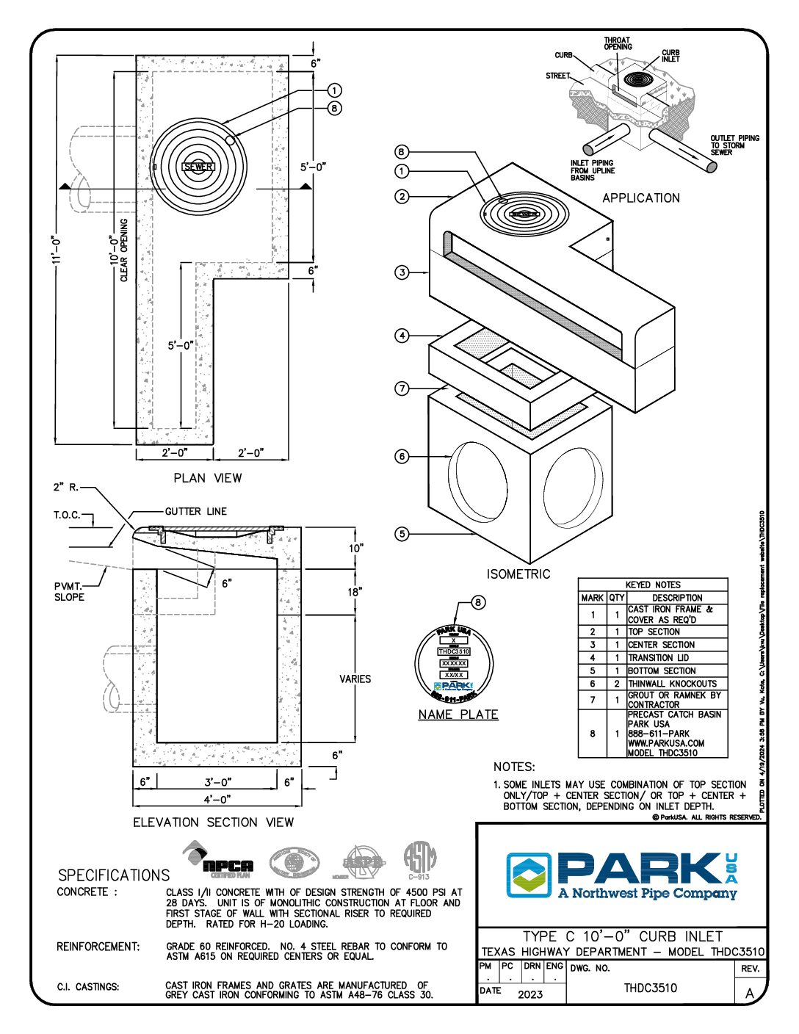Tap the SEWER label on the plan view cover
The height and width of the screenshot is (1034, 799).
pos(198,167)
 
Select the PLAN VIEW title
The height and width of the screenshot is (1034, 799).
pos(207,478)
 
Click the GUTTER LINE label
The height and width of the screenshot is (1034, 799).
pos(196,511)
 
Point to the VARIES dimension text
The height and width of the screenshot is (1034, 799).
pos(355,679)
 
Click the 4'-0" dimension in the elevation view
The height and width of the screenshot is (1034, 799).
pos(217,798)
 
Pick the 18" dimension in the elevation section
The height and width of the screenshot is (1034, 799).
pos(355,592)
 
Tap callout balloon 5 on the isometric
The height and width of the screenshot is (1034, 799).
pos(402,534)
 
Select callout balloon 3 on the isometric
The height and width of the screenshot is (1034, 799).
pos(402,272)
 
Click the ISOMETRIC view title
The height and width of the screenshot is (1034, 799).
pos(518,574)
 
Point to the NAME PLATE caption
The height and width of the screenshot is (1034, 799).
pos(458,715)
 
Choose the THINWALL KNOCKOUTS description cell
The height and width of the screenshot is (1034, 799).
pos(672,684)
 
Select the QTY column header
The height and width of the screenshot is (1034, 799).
pos(617,598)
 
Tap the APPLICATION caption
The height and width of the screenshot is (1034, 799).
pos(640,198)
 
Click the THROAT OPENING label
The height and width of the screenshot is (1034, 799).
pos(618,43)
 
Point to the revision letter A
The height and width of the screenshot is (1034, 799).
pos(750,993)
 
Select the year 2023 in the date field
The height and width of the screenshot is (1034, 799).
pos(530,994)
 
